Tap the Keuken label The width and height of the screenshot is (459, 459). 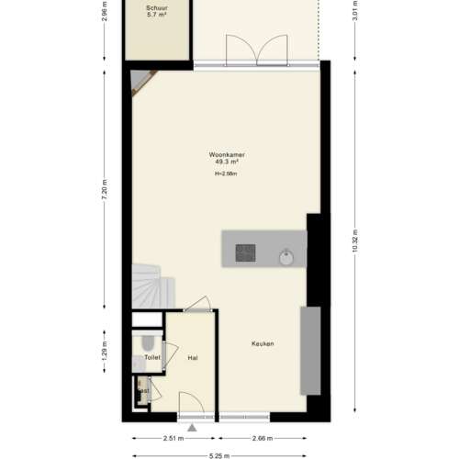pos(263,344)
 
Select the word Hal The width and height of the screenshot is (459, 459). pos(193,357)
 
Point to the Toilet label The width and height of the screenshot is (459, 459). pos(151,357)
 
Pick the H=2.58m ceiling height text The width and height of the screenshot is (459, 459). pos(226,174)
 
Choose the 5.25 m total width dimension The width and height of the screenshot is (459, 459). pos(218,454)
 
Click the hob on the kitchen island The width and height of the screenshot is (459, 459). pos(246,251)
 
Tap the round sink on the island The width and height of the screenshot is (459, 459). pos(287,254)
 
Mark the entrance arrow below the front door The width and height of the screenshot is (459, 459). pos(192,427)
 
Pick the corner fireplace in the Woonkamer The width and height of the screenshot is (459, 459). pos(140,83)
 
